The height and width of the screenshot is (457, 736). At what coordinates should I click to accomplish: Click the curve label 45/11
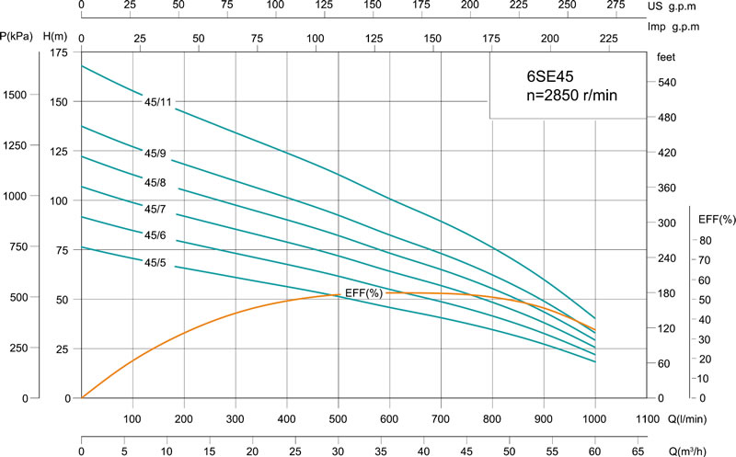158,101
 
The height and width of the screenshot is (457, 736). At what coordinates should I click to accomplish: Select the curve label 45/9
155,153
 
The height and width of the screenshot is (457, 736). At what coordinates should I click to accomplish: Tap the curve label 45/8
155,181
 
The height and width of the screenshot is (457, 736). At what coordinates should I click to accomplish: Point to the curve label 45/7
155,209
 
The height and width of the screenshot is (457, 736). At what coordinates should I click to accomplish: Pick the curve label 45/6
155,235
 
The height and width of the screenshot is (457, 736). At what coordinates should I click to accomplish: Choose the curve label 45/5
155,263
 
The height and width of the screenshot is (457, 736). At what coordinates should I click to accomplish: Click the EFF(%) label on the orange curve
363,292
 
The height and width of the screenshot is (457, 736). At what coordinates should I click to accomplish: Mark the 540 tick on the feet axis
667,83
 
